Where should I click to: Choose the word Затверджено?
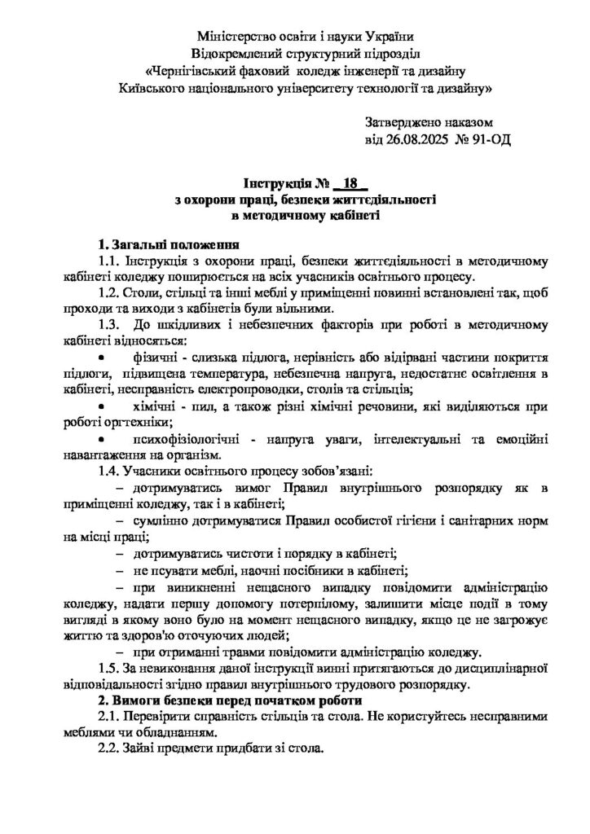[x=403, y=122]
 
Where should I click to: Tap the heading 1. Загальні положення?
[x=168, y=244]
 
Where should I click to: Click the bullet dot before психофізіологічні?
[x=101, y=439]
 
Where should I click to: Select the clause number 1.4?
[x=108, y=472]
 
